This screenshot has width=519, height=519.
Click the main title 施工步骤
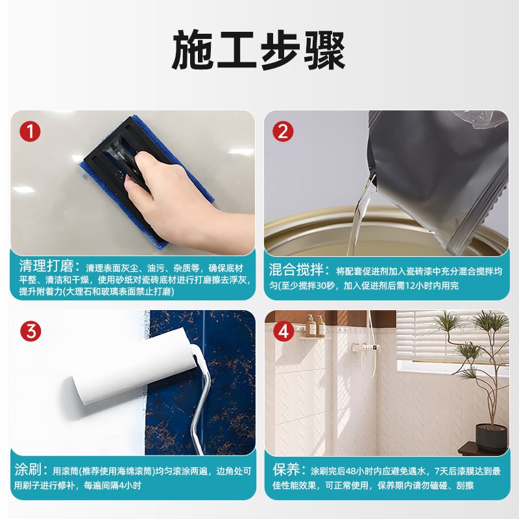(259, 50)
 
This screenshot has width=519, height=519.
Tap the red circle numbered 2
(282, 132)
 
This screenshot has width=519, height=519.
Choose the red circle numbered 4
(282, 332)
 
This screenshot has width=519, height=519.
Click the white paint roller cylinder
(130, 370)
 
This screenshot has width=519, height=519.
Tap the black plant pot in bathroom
(491, 437)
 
